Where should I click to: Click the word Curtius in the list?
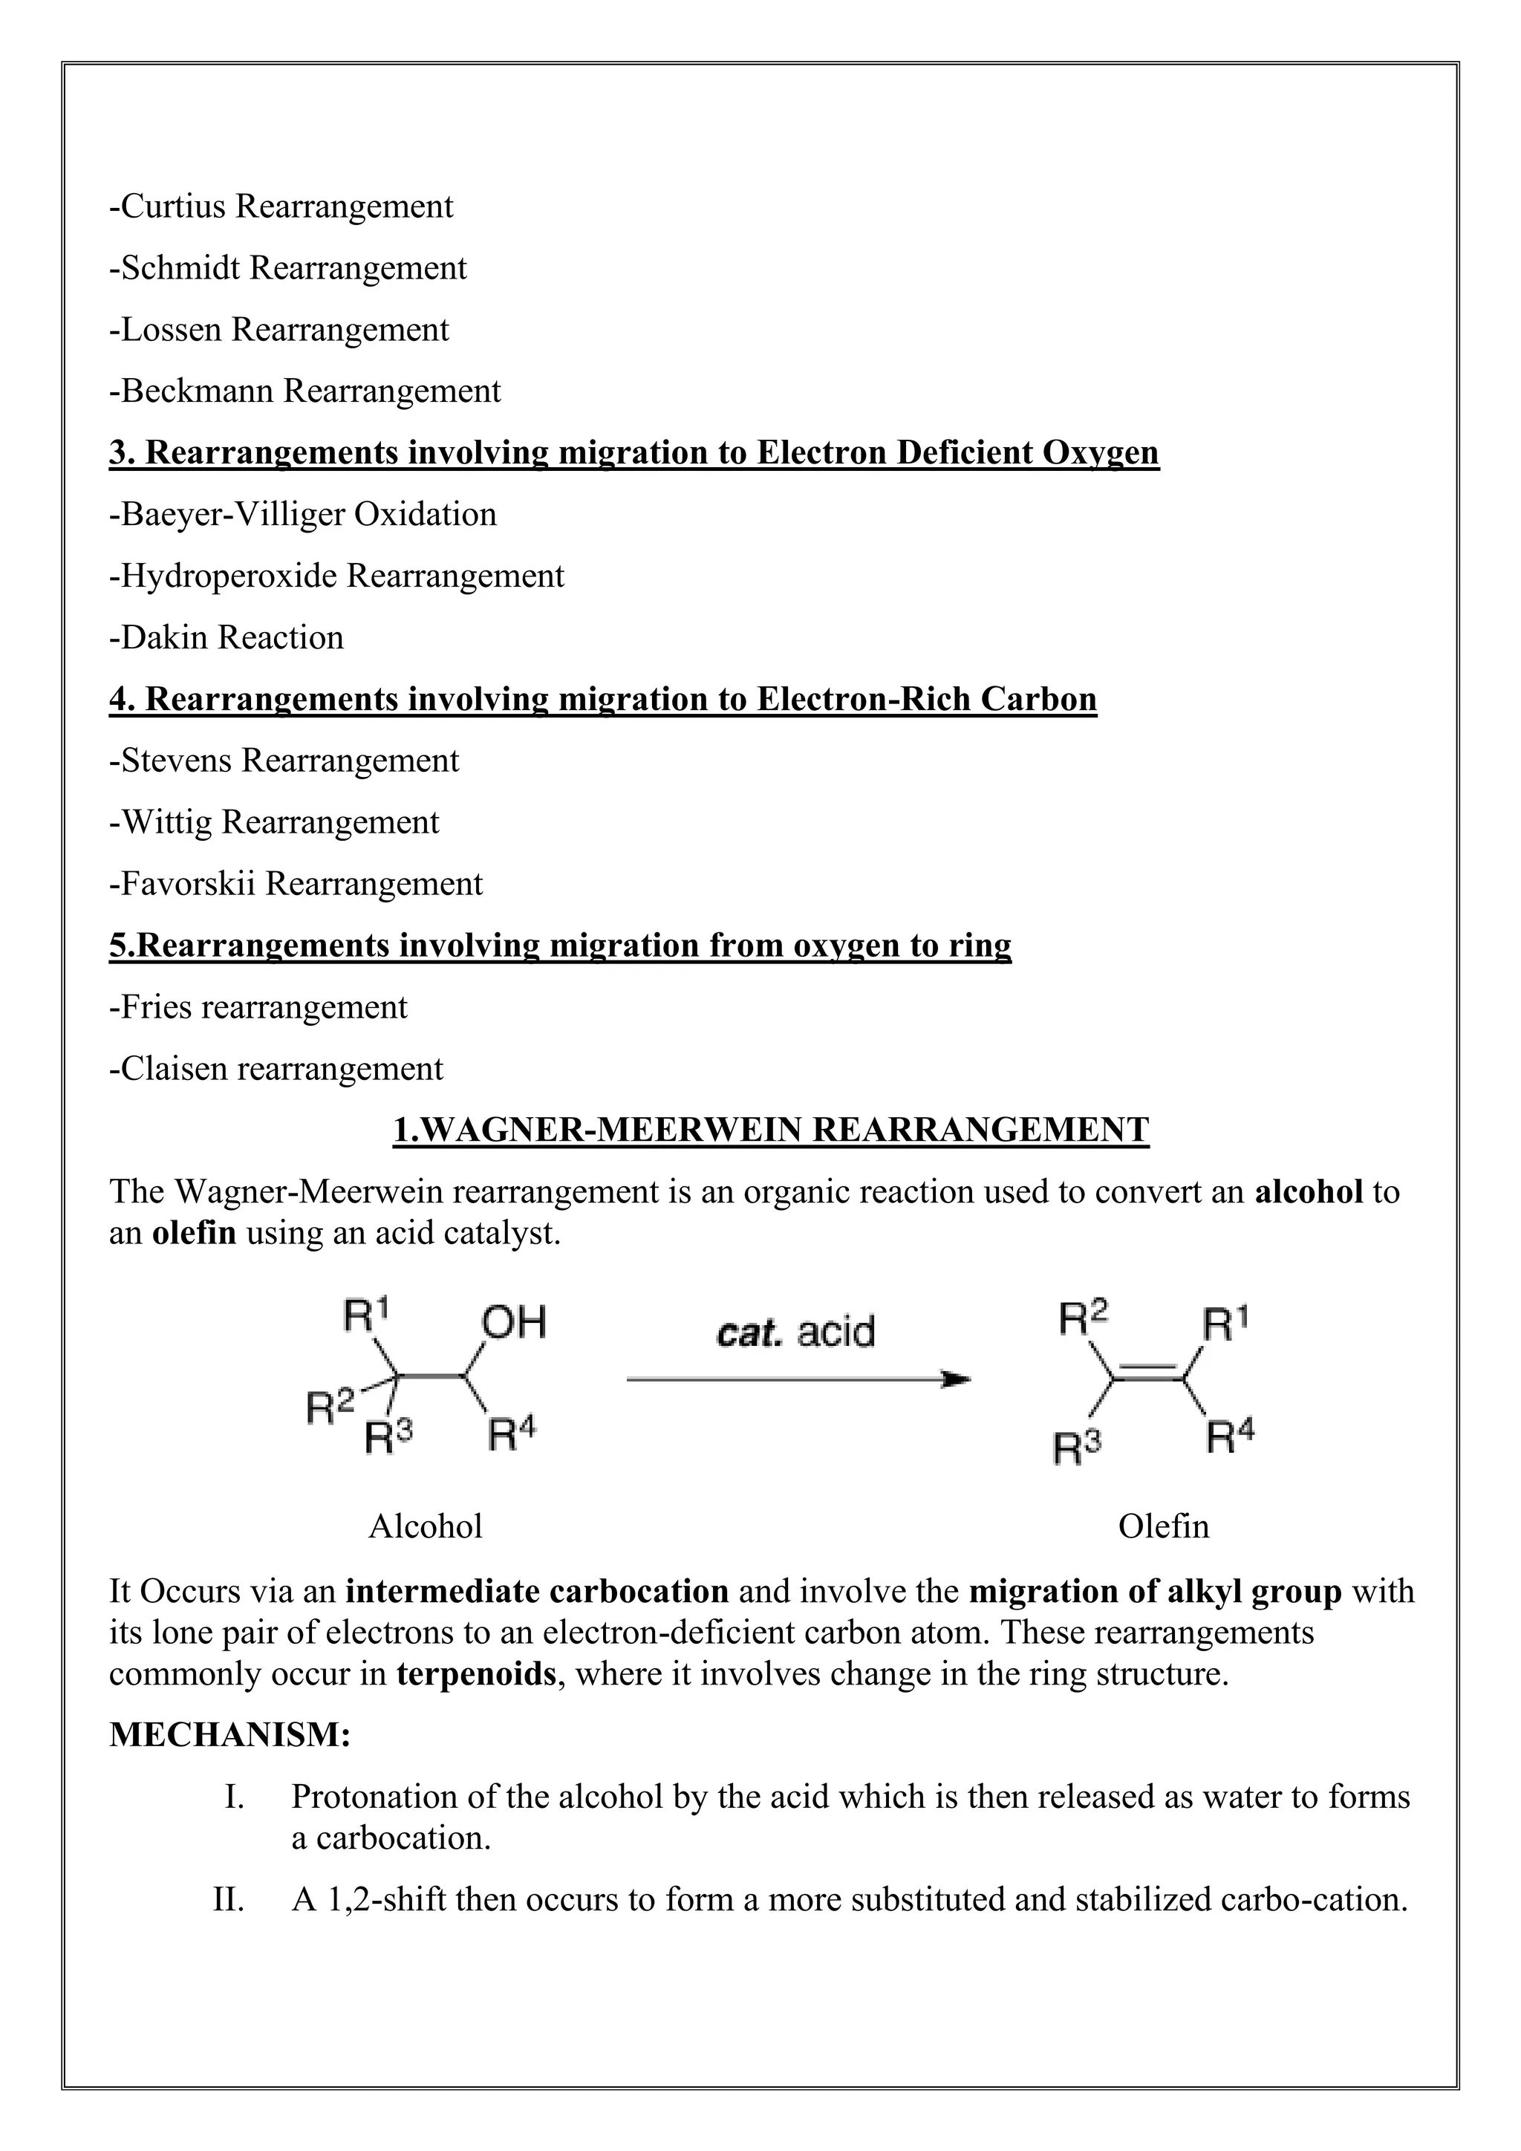[x=173, y=206]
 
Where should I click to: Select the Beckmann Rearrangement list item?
[x=305, y=391]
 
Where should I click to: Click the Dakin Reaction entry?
[x=227, y=638]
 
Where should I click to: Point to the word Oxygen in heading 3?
[x=1101, y=453]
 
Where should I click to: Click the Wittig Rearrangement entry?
[x=274, y=822]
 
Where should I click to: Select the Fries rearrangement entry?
[x=258, y=1008]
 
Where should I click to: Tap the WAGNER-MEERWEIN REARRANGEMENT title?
[x=770, y=1130]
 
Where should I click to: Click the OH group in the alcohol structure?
[x=513, y=1323]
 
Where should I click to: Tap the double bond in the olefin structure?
[x=1148, y=1376]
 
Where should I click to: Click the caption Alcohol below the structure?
[x=426, y=1527]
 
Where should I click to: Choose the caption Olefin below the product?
[x=1163, y=1527]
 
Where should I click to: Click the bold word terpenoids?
[x=477, y=1674]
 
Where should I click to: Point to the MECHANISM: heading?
[x=230, y=1735]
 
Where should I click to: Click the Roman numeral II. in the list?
[x=229, y=1900]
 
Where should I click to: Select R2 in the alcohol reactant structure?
[x=330, y=1405]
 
